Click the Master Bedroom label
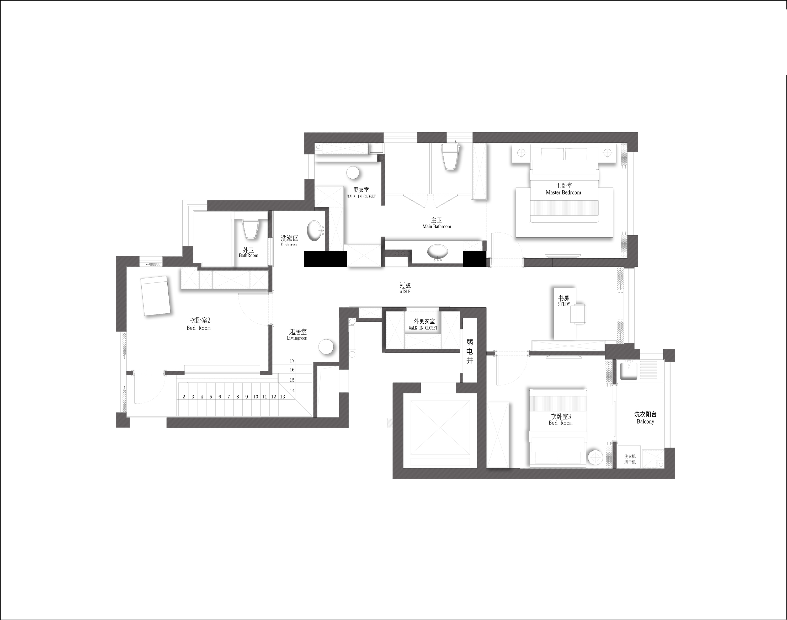point(563,193)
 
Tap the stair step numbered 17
point(292,361)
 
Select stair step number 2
point(184,397)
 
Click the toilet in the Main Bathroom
point(450,158)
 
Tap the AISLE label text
point(405,291)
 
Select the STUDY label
point(564,304)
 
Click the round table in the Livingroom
point(326,347)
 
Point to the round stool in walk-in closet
point(353,173)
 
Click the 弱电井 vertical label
point(470,351)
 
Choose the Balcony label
point(645,421)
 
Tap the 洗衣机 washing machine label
point(630,456)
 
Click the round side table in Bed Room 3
point(595,457)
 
